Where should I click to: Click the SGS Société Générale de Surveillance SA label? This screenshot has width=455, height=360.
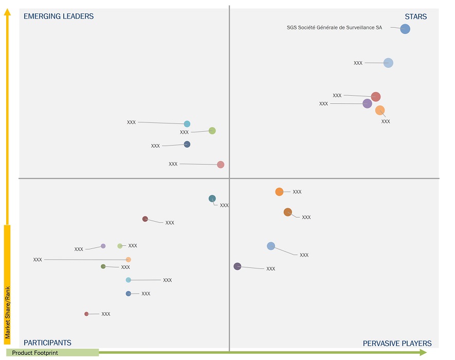[334, 28]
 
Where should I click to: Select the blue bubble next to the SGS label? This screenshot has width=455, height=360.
[405, 29]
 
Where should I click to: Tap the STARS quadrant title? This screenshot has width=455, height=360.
[415, 16]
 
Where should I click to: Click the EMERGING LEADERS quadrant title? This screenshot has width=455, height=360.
[59, 16]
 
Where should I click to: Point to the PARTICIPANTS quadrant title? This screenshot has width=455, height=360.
[47, 343]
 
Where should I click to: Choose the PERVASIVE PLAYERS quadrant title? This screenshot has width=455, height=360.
[397, 344]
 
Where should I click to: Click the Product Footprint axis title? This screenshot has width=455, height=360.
[35, 353]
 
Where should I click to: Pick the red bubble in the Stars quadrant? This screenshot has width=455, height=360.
[376, 97]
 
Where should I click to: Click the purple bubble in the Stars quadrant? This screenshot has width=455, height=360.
[367, 103]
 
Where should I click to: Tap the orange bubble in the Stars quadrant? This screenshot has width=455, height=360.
[380, 110]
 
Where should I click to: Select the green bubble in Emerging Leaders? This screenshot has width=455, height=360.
[212, 131]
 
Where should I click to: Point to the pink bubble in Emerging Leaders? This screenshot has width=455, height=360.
[221, 165]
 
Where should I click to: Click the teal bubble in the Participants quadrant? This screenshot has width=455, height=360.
[212, 199]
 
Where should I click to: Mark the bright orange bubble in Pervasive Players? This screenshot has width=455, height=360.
[279, 192]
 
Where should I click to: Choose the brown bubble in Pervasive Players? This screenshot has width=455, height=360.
[288, 212]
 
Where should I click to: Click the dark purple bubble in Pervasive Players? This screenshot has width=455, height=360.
[237, 266]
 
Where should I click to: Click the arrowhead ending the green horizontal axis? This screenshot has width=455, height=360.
[423, 352]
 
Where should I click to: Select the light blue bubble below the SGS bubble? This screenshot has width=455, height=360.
[388, 63]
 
